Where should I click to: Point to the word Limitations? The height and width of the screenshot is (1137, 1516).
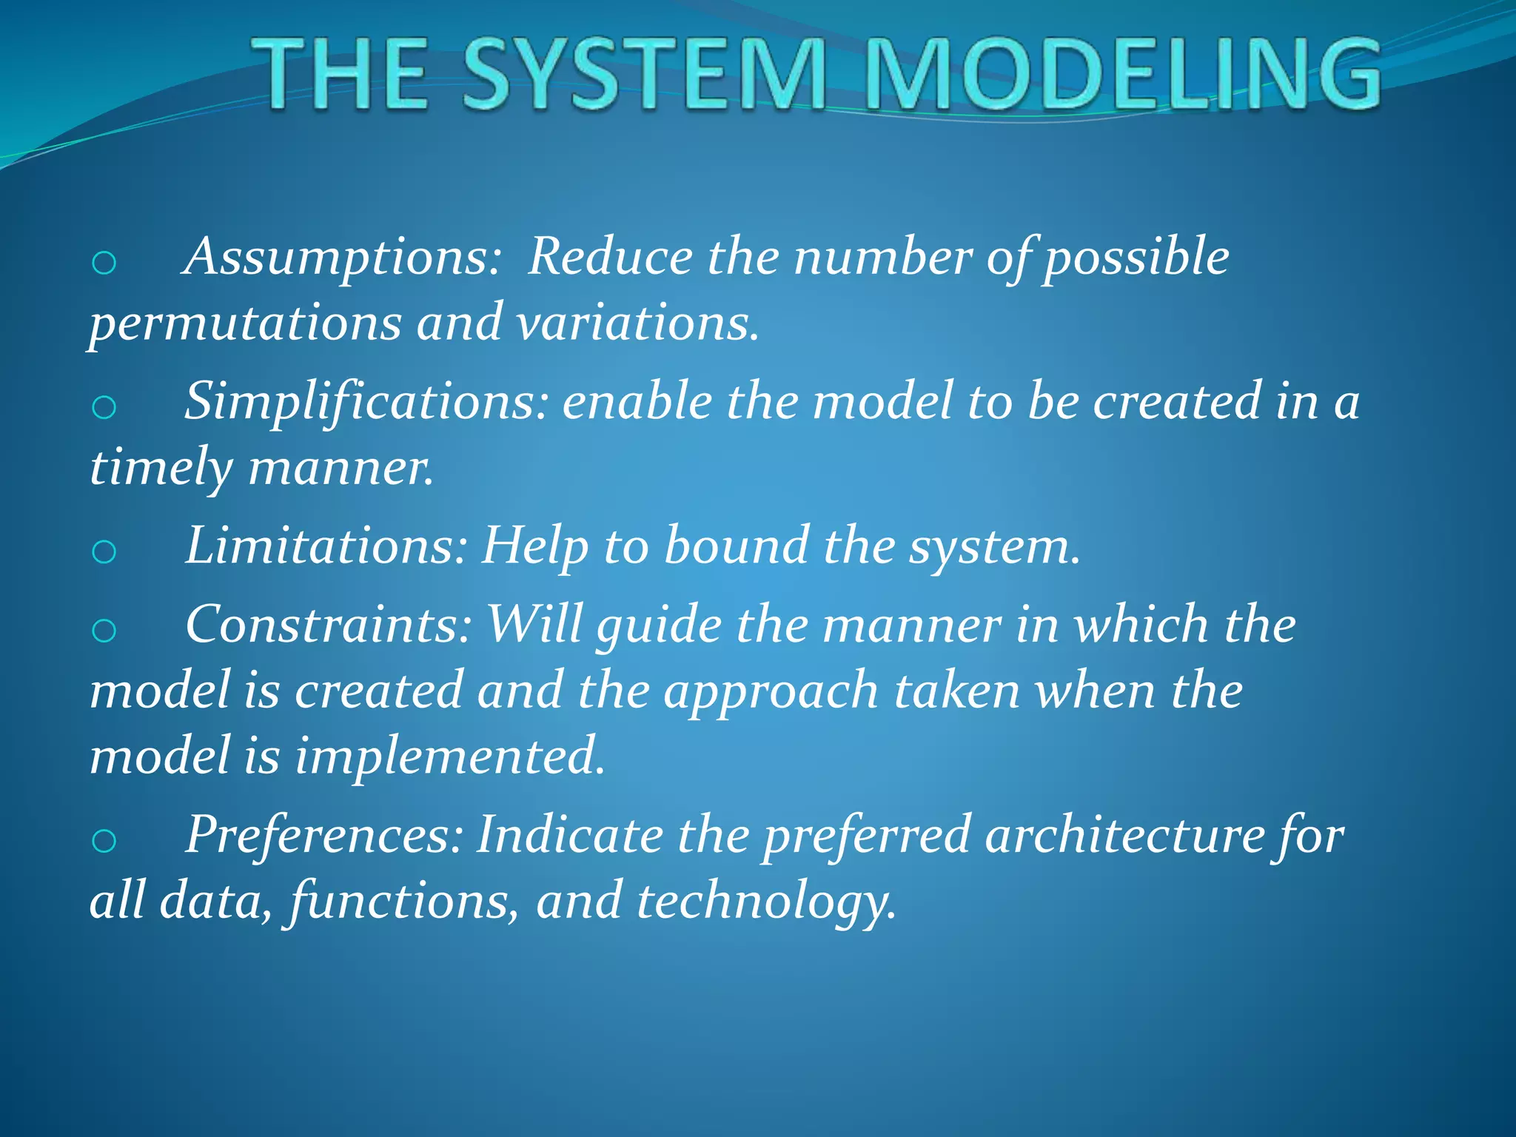point(326,546)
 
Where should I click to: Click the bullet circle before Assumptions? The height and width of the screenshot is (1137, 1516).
point(104,263)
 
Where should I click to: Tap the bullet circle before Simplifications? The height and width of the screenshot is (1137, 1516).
point(104,407)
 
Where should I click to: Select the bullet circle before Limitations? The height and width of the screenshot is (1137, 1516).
point(104,551)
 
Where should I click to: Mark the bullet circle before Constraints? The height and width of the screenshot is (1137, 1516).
point(104,631)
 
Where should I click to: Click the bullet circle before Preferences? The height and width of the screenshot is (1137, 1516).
point(104,841)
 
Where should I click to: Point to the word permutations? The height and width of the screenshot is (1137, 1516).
point(245,323)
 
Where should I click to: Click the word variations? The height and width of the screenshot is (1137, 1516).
point(637,323)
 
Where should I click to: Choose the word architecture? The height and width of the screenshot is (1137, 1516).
point(1125,834)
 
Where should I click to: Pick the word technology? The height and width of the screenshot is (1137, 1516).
point(765,901)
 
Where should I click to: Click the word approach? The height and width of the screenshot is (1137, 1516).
point(771,691)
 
